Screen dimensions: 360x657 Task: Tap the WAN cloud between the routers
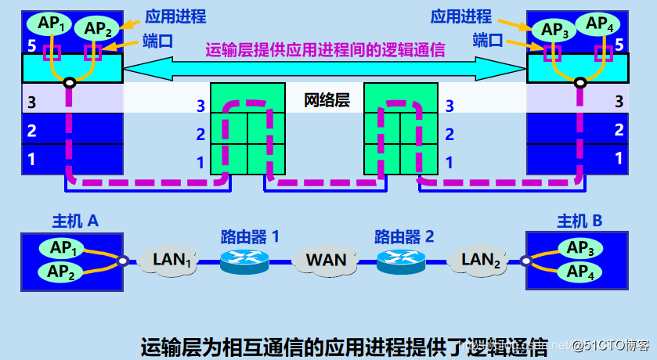(x=326, y=259)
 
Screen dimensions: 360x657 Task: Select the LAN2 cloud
(x=481, y=259)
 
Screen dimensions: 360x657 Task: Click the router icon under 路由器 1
(x=244, y=261)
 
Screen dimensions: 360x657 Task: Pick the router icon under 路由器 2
(x=402, y=261)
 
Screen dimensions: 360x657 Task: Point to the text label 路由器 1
(x=249, y=236)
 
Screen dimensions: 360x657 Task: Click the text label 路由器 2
(x=403, y=236)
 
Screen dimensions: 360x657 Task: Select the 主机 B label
(x=579, y=221)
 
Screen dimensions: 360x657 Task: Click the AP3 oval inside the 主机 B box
(x=579, y=248)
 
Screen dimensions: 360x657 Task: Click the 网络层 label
(x=327, y=100)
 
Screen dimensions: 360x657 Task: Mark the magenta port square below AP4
(x=603, y=53)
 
